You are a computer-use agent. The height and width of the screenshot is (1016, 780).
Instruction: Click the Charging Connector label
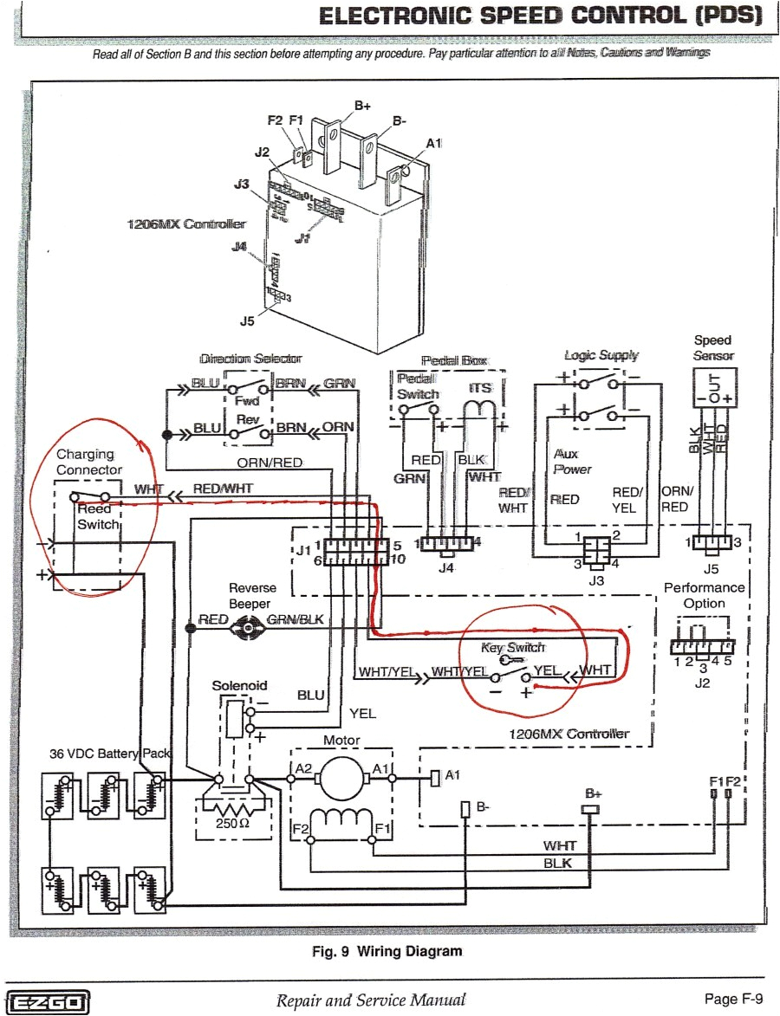pos(89,462)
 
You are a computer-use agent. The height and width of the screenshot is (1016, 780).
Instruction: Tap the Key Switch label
pos(513,648)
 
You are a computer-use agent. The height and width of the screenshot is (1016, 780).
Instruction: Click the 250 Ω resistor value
pos(233,823)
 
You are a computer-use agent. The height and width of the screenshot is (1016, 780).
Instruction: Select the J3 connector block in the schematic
pos(595,549)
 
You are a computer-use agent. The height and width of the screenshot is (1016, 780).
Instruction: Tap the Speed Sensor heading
pos(712,347)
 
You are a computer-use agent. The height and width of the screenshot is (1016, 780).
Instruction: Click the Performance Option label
pos(704,595)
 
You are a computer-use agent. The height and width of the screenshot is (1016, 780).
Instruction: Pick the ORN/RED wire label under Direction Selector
pos(270,463)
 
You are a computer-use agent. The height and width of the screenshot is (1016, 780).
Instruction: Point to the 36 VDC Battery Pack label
pos(110,754)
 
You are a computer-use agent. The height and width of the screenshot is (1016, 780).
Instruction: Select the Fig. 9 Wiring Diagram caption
pos(387,951)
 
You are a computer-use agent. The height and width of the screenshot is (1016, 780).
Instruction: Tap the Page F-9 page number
pos(733,1000)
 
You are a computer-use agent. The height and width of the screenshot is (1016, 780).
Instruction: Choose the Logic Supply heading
pos(601,355)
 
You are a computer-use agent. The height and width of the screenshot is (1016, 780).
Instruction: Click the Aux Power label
pos(572,462)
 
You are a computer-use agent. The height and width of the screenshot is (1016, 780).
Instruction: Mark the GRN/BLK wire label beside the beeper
pos(295,619)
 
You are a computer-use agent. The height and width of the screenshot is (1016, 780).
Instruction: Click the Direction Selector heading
pos(250,358)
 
